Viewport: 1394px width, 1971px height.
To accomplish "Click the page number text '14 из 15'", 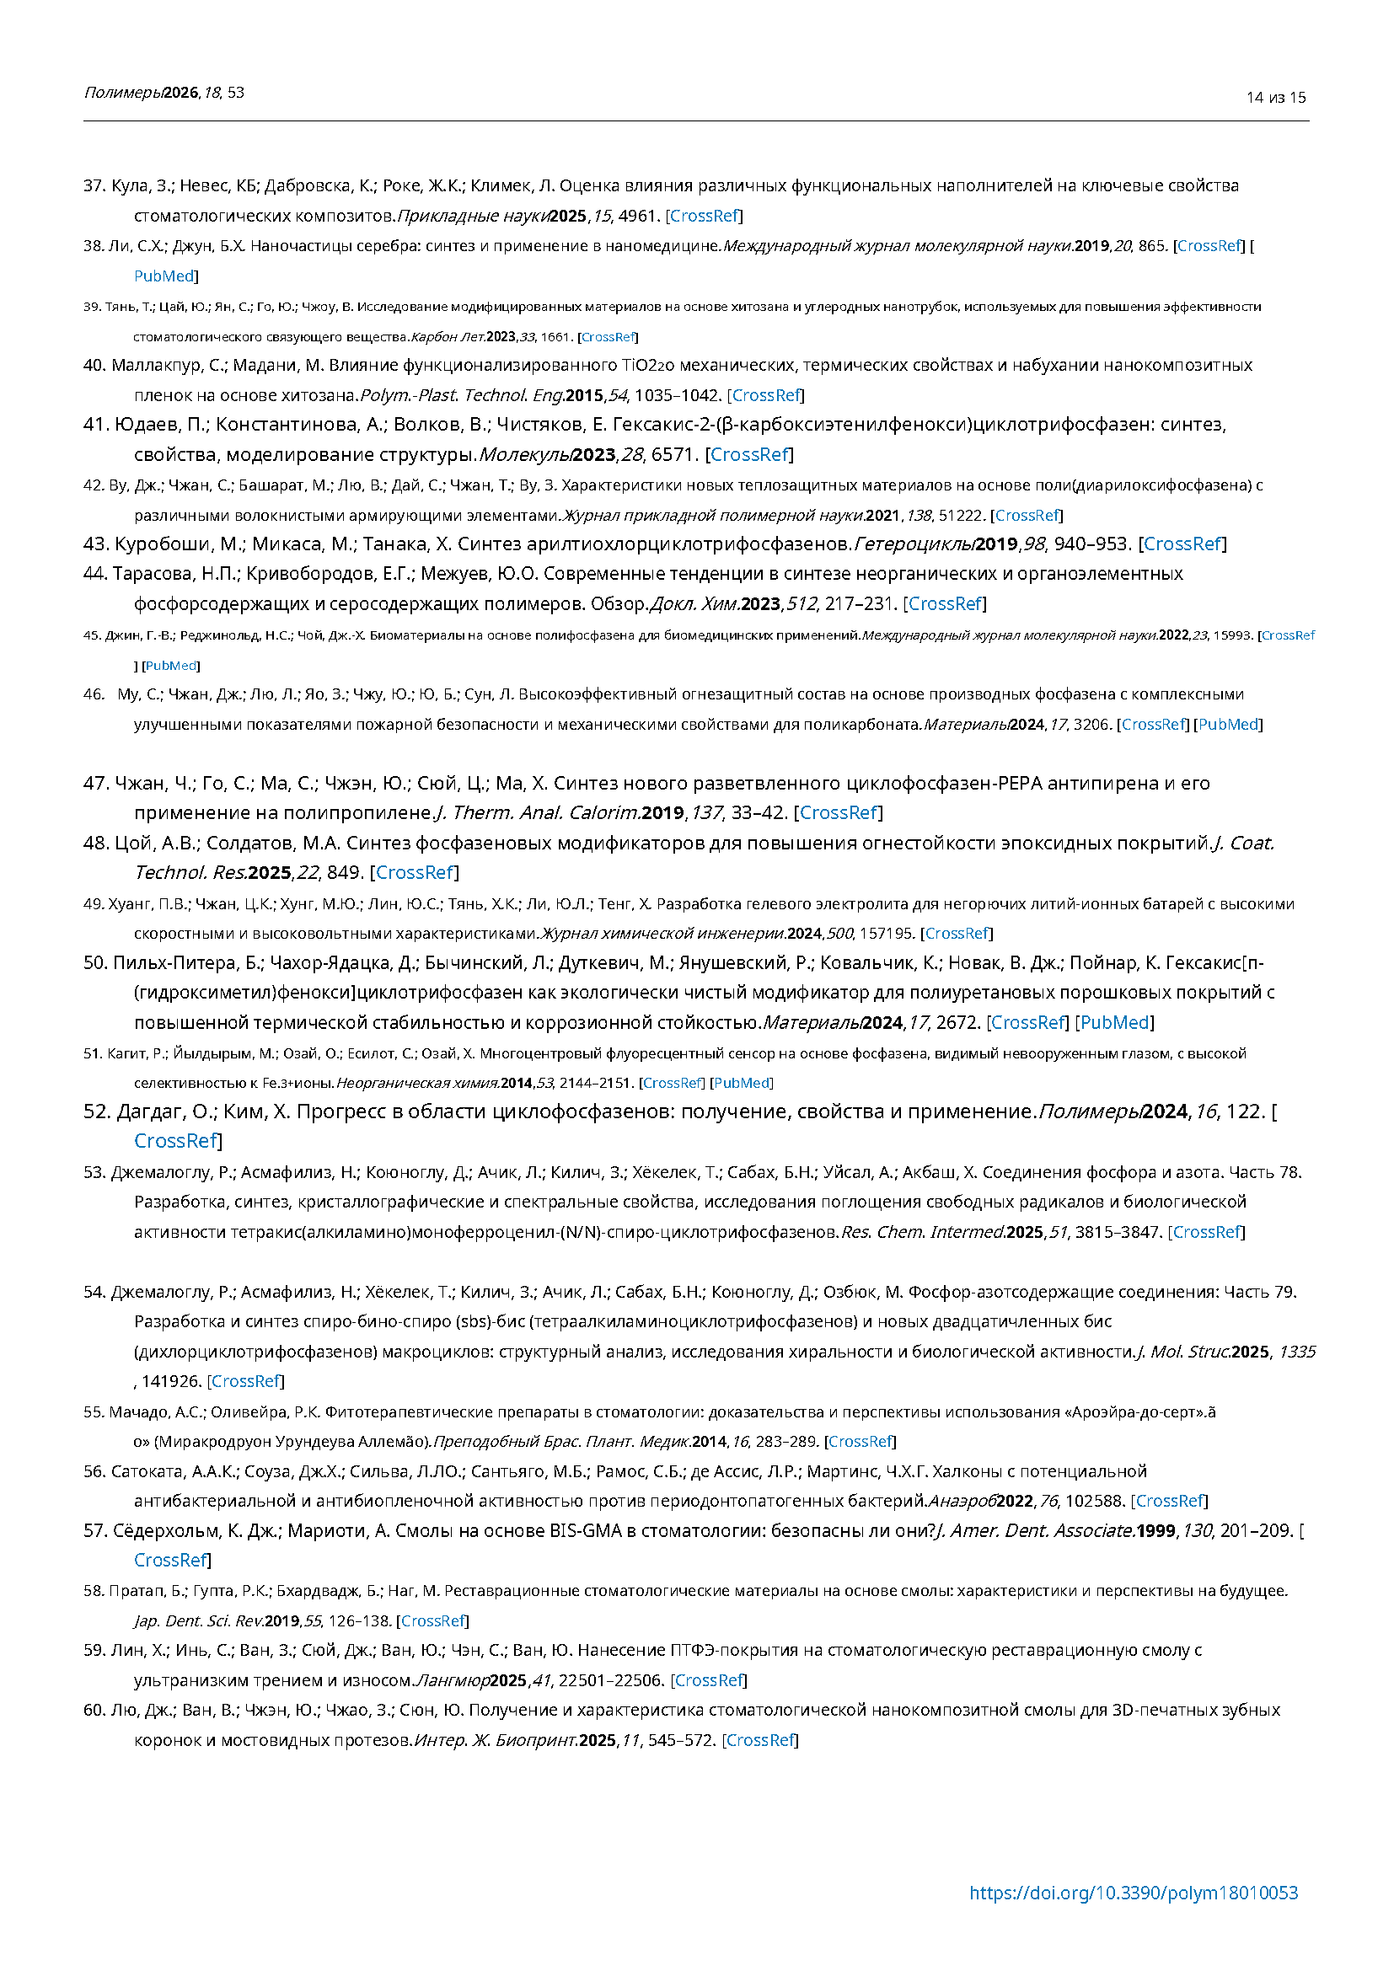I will (x=1275, y=98).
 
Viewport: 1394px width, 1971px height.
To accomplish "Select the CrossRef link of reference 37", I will (x=704, y=216).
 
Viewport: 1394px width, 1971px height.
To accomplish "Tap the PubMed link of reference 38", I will (x=164, y=276).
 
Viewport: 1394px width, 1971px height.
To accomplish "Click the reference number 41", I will (x=96, y=425).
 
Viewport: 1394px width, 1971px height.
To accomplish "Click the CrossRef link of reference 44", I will (x=944, y=603).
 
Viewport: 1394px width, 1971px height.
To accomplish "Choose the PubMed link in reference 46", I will (x=1229, y=725).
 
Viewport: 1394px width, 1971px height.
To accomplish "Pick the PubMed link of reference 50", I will (x=1114, y=1022).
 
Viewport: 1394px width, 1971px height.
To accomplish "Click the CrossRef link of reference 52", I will (x=176, y=1141).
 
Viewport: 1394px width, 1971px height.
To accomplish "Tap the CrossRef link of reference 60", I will (x=759, y=1740).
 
